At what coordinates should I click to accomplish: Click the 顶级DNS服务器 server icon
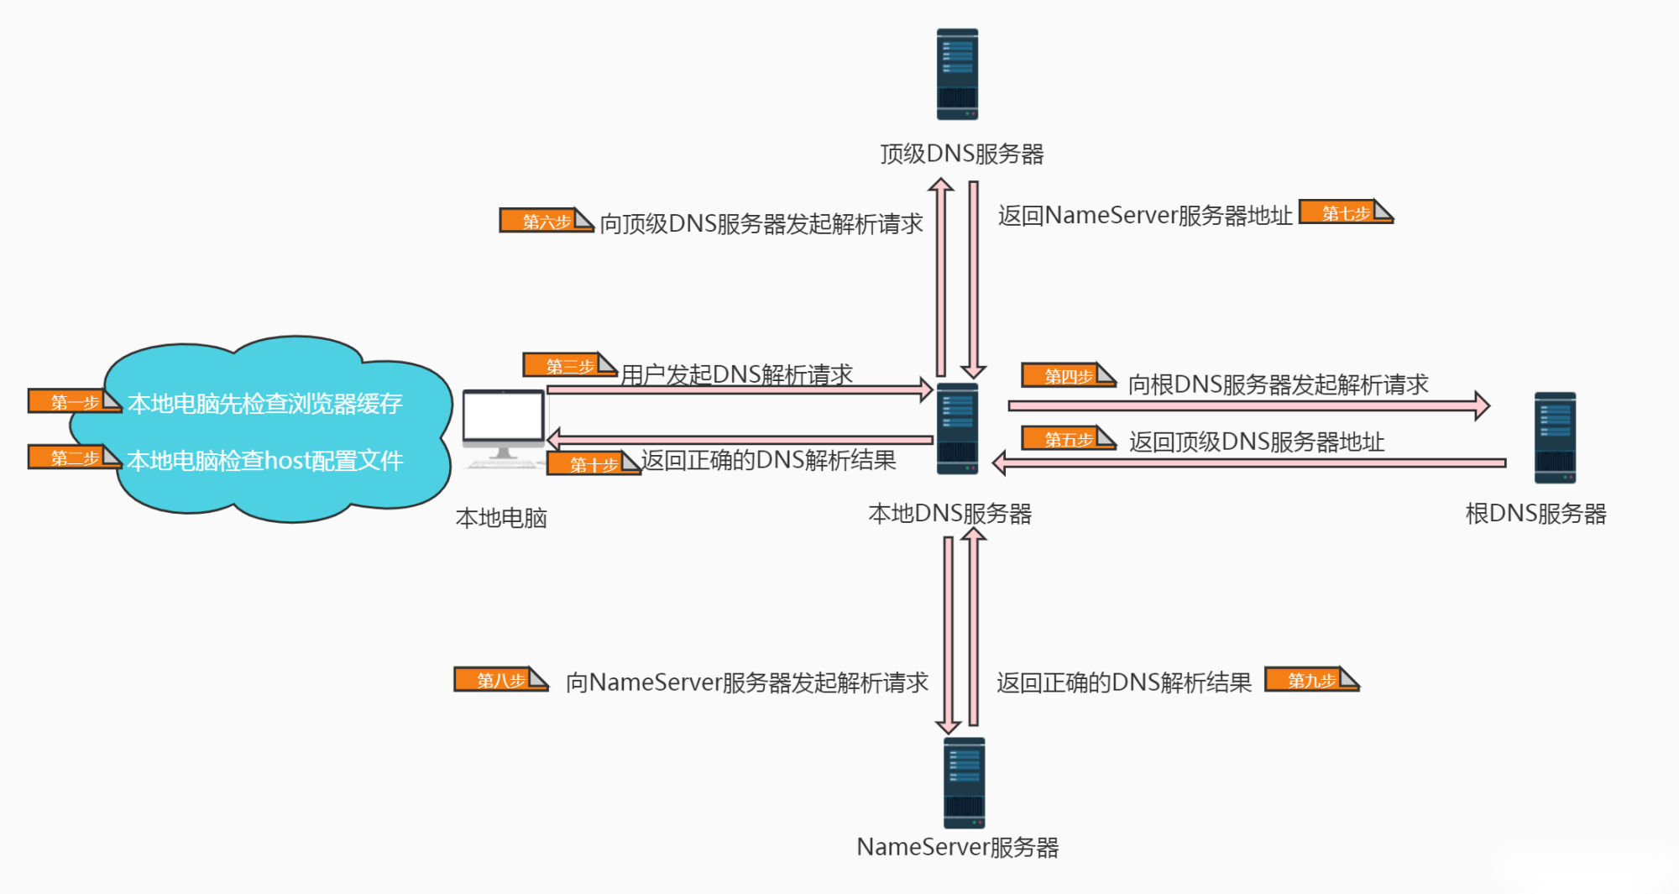[957, 74]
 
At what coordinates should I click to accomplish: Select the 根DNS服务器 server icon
[1555, 437]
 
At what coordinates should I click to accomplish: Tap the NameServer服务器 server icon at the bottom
[964, 783]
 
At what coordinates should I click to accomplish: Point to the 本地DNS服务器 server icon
[957, 428]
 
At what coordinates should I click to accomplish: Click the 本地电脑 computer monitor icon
[504, 428]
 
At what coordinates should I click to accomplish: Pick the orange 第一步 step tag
[75, 401]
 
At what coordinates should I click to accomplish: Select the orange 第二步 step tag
[75, 457]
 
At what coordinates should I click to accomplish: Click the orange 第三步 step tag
[570, 365]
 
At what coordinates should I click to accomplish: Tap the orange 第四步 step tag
[1069, 376]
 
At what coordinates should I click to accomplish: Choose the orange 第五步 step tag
[1069, 439]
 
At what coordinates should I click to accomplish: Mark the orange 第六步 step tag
[547, 221]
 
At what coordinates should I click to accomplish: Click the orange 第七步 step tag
[1347, 212]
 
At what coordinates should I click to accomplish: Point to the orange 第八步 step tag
[501, 680]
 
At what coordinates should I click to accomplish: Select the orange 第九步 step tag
[1312, 680]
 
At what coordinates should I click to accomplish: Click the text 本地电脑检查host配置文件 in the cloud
[265, 460]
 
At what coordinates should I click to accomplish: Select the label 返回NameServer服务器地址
[1145, 216]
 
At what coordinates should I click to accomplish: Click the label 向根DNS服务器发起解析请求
[1278, 384]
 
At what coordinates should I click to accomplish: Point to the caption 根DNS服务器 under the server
[1535, 514]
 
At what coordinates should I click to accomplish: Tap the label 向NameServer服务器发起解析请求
[747, 682]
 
